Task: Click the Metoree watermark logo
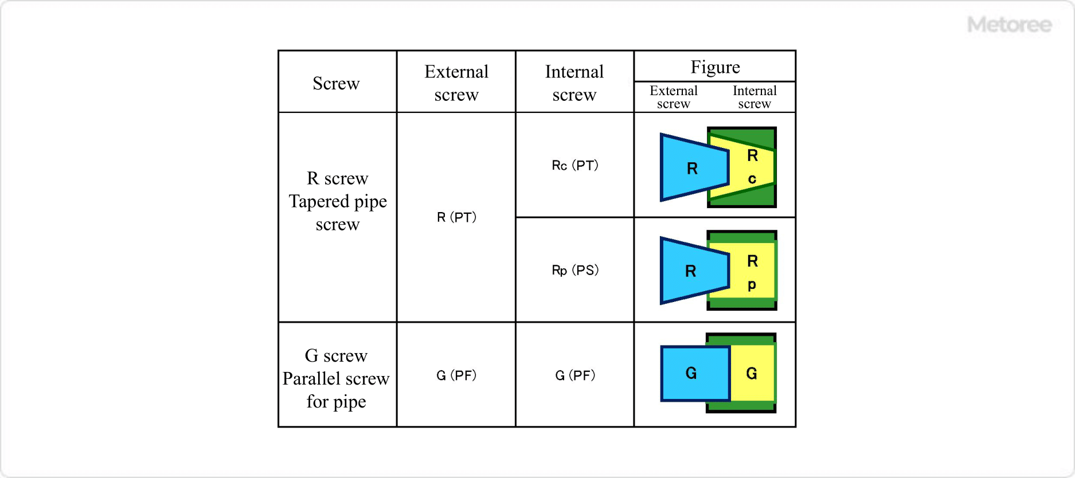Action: pos(1009,25)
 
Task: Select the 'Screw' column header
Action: pos(336,84)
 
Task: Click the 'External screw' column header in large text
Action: pos(456,83)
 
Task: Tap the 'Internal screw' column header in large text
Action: pos(574,83)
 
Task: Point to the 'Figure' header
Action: pos(714,67)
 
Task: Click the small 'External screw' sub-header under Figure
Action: pos(673,97)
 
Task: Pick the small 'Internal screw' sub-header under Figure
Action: pos(754,97)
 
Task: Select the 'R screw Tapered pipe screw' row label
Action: pos(337,201)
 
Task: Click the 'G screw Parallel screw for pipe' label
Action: pos(336,378)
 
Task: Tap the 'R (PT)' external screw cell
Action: pos(456,217)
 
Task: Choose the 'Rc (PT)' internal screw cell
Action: pos(574,166)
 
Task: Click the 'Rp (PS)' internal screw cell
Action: pos(574,270)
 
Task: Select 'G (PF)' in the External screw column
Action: pos(456,375)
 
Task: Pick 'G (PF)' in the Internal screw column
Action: pos(574,375)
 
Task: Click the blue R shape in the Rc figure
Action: pos(691,168)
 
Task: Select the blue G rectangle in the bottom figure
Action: pos(694,373)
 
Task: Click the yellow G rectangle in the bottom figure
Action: pos(752,373)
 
